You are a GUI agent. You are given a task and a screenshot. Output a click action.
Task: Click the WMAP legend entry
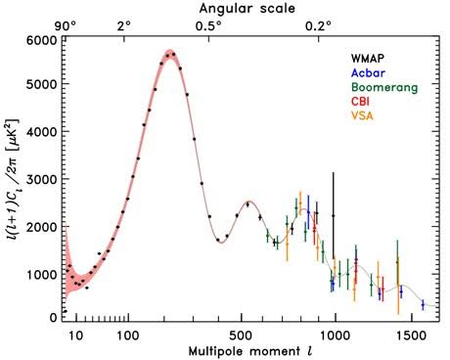tap(368, 59)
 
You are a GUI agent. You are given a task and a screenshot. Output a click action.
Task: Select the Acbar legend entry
tap(368, 72)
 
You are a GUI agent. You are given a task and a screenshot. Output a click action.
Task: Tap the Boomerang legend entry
tap(384, 87)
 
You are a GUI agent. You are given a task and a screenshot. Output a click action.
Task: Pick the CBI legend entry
tap(360, 102)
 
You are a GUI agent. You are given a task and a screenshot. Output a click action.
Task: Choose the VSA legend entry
tap(362, 115)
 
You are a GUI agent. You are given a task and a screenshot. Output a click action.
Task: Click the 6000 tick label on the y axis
tap(41, 40)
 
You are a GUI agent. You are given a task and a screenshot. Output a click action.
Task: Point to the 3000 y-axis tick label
tap(41, 179)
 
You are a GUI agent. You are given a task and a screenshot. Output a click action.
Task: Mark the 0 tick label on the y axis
tap(54, 317)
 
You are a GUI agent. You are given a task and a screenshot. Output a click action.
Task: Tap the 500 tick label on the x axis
tap(241, 336)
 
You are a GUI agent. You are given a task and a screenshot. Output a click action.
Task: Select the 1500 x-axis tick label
tap(412, 336)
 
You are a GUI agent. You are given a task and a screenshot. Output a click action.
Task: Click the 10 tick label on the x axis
tap(76, 336)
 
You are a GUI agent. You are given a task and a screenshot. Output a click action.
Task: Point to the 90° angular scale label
tap(66, 26)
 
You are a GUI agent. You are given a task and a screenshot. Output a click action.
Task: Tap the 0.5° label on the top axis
tap(209, 26)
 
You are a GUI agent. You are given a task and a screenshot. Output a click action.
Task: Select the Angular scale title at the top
tap(247, 9)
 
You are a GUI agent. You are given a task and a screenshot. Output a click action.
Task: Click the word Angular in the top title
tap(225, 9)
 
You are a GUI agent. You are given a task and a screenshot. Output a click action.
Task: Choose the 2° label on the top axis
tap(125, 26)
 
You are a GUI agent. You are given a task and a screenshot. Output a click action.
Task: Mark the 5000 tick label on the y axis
tap(41, 84)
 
